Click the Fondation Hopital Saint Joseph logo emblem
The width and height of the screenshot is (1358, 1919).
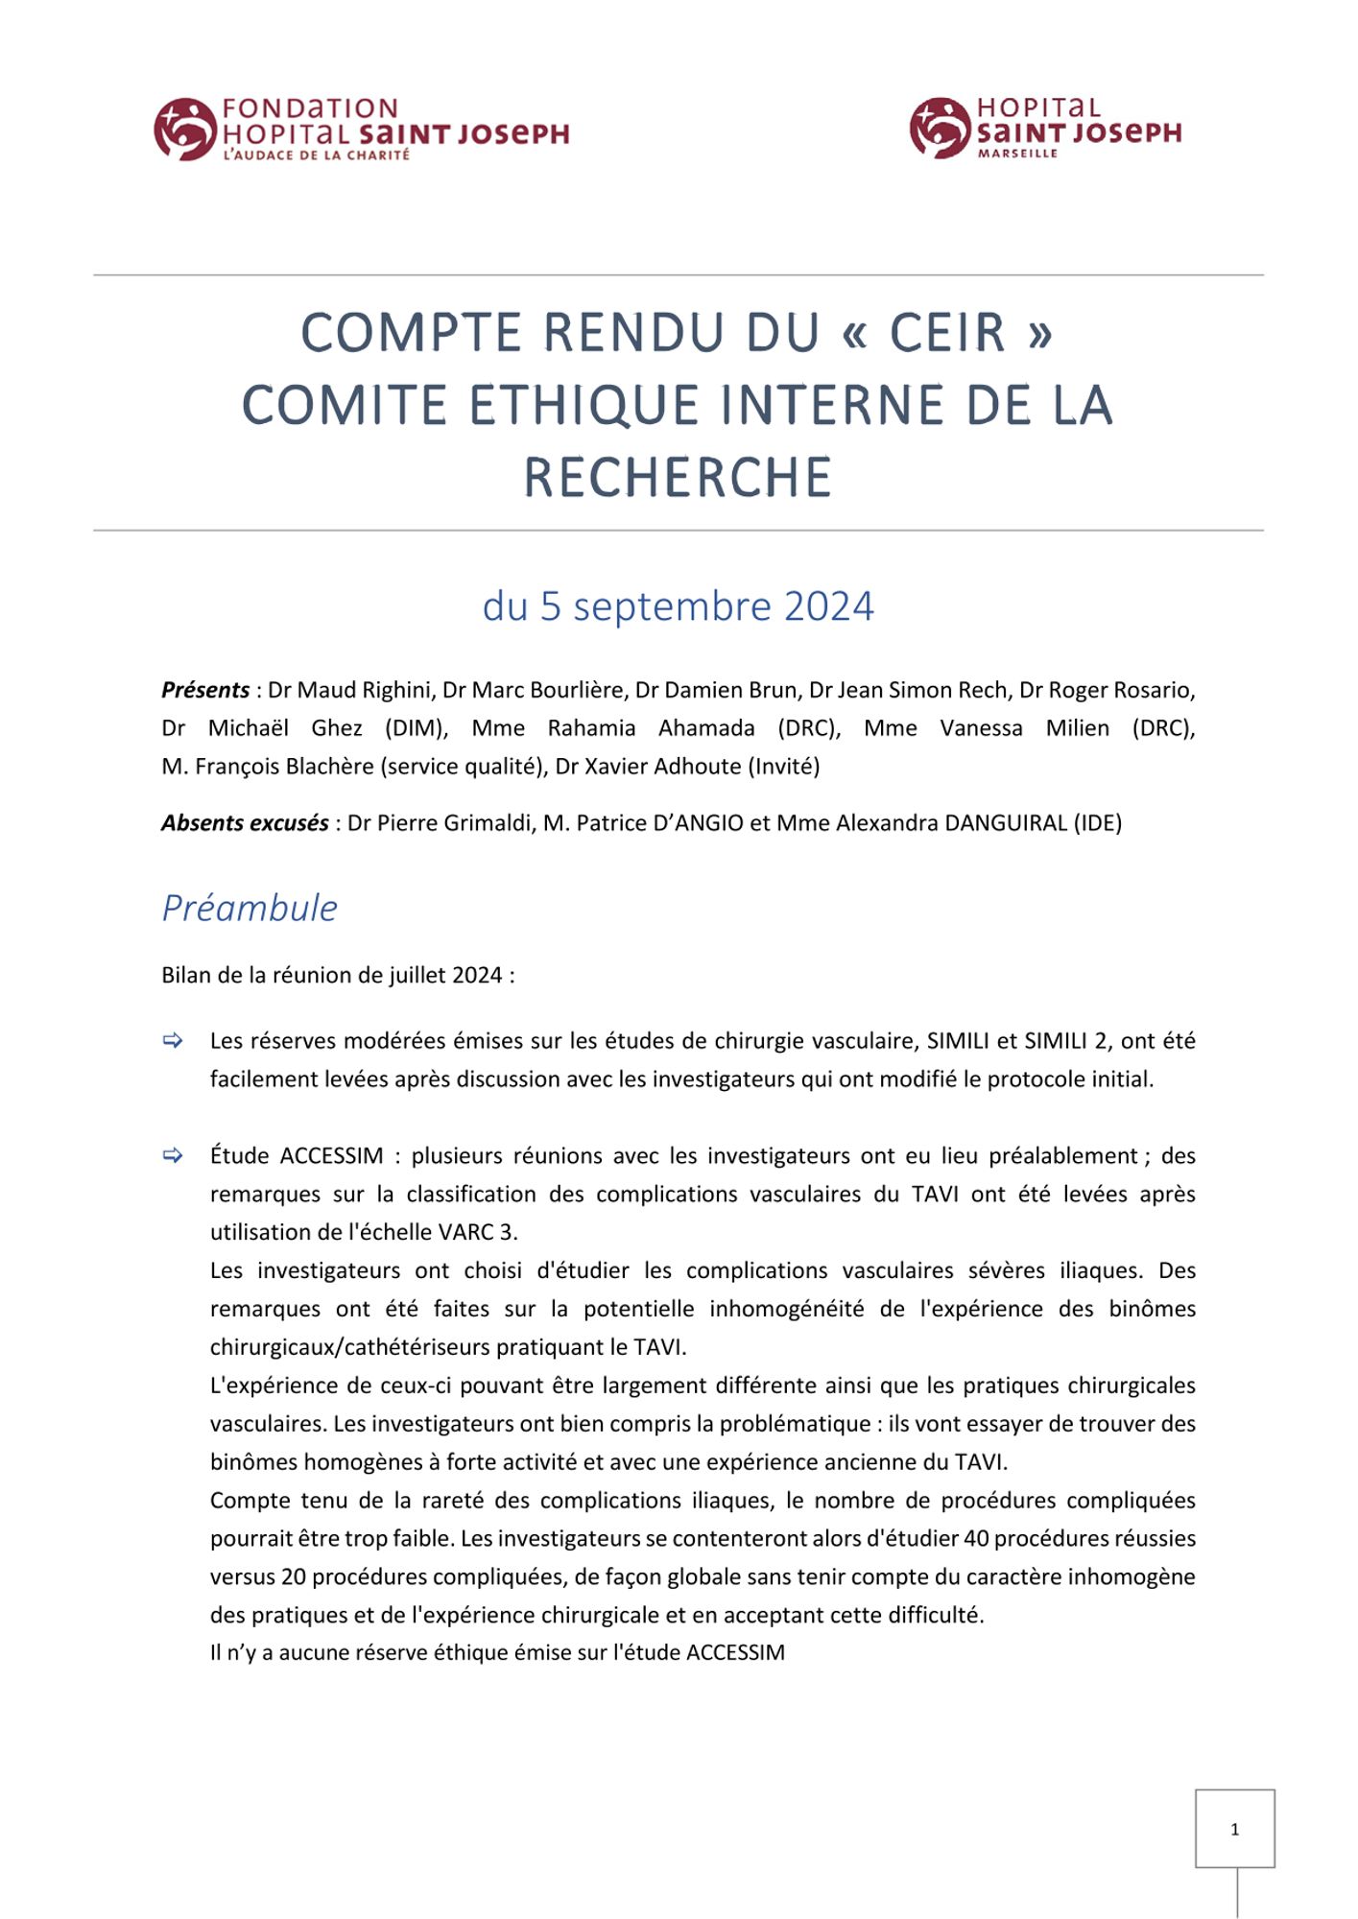point(184,129)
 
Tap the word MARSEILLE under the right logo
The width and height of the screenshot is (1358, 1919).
point(1017,154)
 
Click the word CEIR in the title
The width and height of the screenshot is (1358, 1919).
point(946,333)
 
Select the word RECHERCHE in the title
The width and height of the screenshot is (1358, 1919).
point(678,478)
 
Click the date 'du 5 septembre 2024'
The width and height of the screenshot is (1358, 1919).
point(678,606)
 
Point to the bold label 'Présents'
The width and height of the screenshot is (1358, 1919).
point(205,690)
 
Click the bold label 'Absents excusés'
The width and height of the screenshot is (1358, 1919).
point(245,823)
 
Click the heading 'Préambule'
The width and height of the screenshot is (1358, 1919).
point(250,908)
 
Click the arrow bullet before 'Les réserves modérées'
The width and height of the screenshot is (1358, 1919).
point(173,1041)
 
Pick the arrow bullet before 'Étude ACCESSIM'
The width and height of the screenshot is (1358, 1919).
point(173,1156)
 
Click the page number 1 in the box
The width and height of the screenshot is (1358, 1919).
point(1234,1830)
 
